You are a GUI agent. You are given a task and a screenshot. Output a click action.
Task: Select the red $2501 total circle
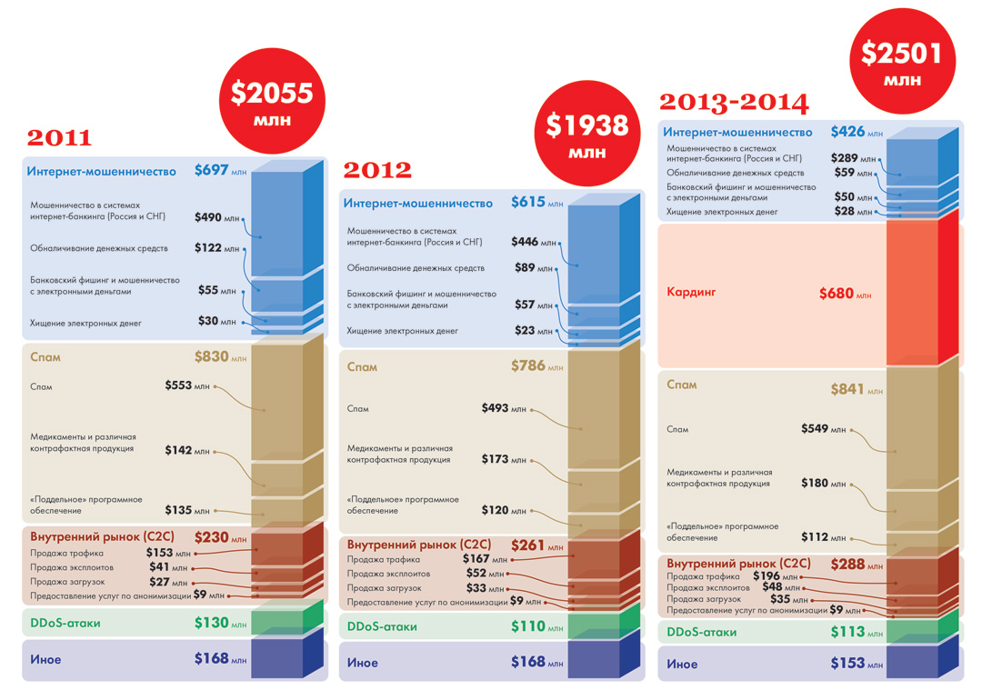point(902,63)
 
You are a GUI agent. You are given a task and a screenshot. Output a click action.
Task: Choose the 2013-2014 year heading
point(734,102)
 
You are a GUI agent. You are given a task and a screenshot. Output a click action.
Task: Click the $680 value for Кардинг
point(837,294)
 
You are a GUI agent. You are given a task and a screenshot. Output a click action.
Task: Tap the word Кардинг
point(691,293)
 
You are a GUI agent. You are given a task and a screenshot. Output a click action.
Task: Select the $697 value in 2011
point(211,170)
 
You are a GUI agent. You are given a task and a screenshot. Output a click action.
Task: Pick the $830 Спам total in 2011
point(211,357)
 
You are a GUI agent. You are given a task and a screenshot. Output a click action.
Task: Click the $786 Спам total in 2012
point(528,366)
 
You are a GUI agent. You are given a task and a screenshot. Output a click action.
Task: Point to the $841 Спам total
point(847,389)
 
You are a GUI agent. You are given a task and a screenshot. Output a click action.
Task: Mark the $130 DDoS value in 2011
point(211,624)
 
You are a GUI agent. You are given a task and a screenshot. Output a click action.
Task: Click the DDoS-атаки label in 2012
point(382,626)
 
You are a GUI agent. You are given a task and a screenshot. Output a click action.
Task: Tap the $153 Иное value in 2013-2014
point(847,664)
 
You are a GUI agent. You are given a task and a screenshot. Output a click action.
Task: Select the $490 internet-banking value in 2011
point(209,218)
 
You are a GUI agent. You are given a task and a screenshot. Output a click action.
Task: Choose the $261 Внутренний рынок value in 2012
point(528,545)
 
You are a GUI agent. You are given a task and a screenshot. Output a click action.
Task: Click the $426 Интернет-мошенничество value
point(847,133)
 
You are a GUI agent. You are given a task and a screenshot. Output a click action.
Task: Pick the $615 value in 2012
point(528,203)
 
